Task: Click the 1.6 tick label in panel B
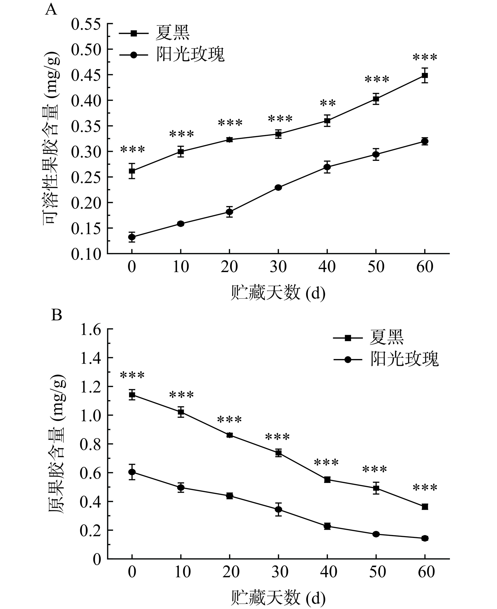(x=91, y=330)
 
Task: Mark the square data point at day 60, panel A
(x=425, y=76)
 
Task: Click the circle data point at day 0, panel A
(x=132, y=237)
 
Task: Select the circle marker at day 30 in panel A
(x=278, y=188)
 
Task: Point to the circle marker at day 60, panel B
(x=425, y=538)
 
